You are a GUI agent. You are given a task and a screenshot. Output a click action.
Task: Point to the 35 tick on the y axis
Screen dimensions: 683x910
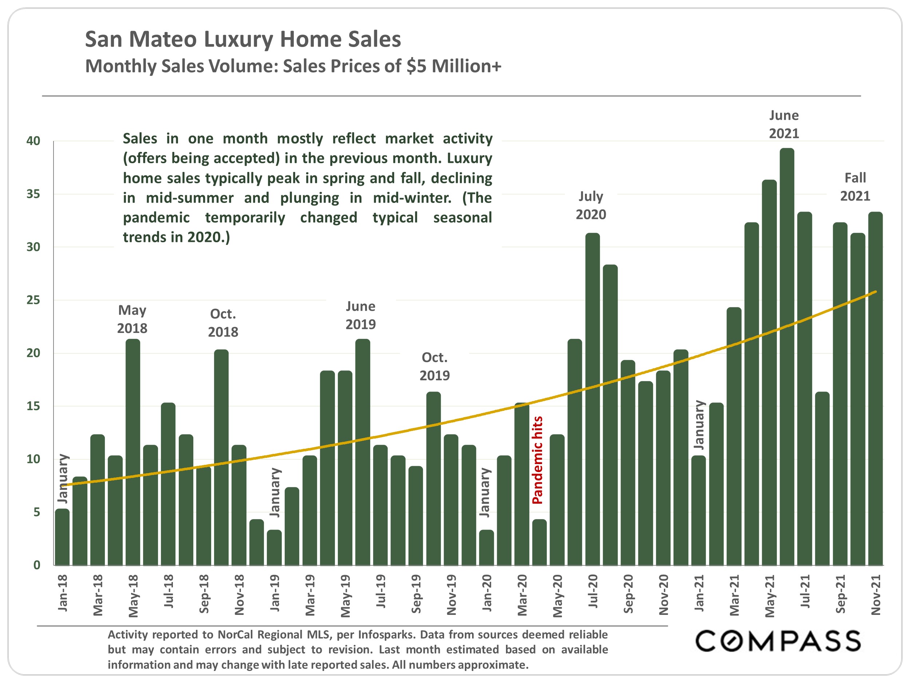pos(33,194)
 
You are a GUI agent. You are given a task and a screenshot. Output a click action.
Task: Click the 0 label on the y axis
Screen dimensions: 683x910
pos(37,565)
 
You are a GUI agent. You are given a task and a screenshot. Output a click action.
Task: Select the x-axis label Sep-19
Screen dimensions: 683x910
pos(416,594)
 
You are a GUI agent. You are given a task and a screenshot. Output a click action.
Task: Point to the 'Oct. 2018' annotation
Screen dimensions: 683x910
pos(223,323)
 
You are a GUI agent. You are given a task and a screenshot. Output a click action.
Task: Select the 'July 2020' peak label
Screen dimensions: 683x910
pos(591,205)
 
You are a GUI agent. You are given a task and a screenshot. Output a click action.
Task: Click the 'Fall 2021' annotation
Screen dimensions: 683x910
pos(855,187)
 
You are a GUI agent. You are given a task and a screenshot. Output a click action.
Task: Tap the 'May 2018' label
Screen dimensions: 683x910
pos(132,319)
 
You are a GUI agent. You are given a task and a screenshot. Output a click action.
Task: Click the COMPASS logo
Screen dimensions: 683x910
pos(778,641)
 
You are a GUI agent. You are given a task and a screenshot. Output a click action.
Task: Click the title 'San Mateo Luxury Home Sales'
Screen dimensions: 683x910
pos(243,39)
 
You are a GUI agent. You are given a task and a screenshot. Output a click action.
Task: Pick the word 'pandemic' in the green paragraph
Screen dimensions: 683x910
pos(156,217)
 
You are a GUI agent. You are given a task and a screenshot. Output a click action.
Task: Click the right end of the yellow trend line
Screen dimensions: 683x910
pos(875,292)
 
